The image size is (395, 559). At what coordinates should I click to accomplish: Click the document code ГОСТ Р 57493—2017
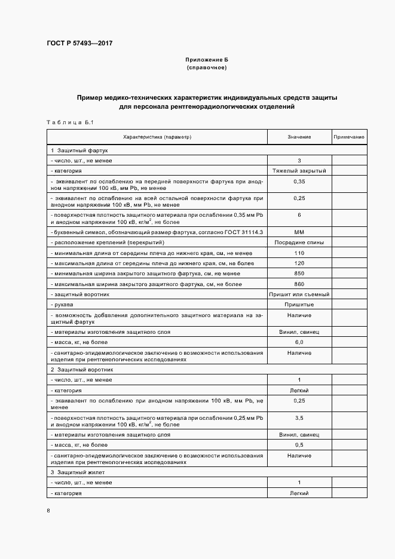coord(79,44)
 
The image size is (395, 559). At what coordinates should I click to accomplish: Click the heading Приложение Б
coord(207,60)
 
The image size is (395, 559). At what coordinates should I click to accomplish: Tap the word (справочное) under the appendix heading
coord(207,67)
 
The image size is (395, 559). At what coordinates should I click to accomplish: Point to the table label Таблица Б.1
coord(70,122)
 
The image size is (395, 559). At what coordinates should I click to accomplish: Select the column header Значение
coord(299,137)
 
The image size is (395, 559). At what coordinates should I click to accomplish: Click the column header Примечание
coord(349,137)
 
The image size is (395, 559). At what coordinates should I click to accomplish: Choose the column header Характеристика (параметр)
coord(157,137)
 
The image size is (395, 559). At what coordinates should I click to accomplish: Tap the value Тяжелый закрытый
coord(299,170)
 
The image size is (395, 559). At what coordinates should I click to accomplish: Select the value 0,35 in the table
coord(299,180)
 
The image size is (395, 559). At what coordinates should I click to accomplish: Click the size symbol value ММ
coord(299,232)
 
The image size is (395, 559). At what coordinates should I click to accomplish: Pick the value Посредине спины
coord(299,242)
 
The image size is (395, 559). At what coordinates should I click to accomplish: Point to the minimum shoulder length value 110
coord(299,253)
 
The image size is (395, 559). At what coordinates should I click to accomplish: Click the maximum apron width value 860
coord(299,284)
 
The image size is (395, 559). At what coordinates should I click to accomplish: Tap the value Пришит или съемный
coord(299,294)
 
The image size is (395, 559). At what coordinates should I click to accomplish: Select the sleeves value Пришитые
coord(299,304)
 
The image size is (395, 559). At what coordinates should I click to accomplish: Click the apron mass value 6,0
coord(299,342)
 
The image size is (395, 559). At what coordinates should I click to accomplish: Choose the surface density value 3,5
coord(299,418)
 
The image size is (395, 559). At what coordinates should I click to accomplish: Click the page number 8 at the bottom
coord(48,511)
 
